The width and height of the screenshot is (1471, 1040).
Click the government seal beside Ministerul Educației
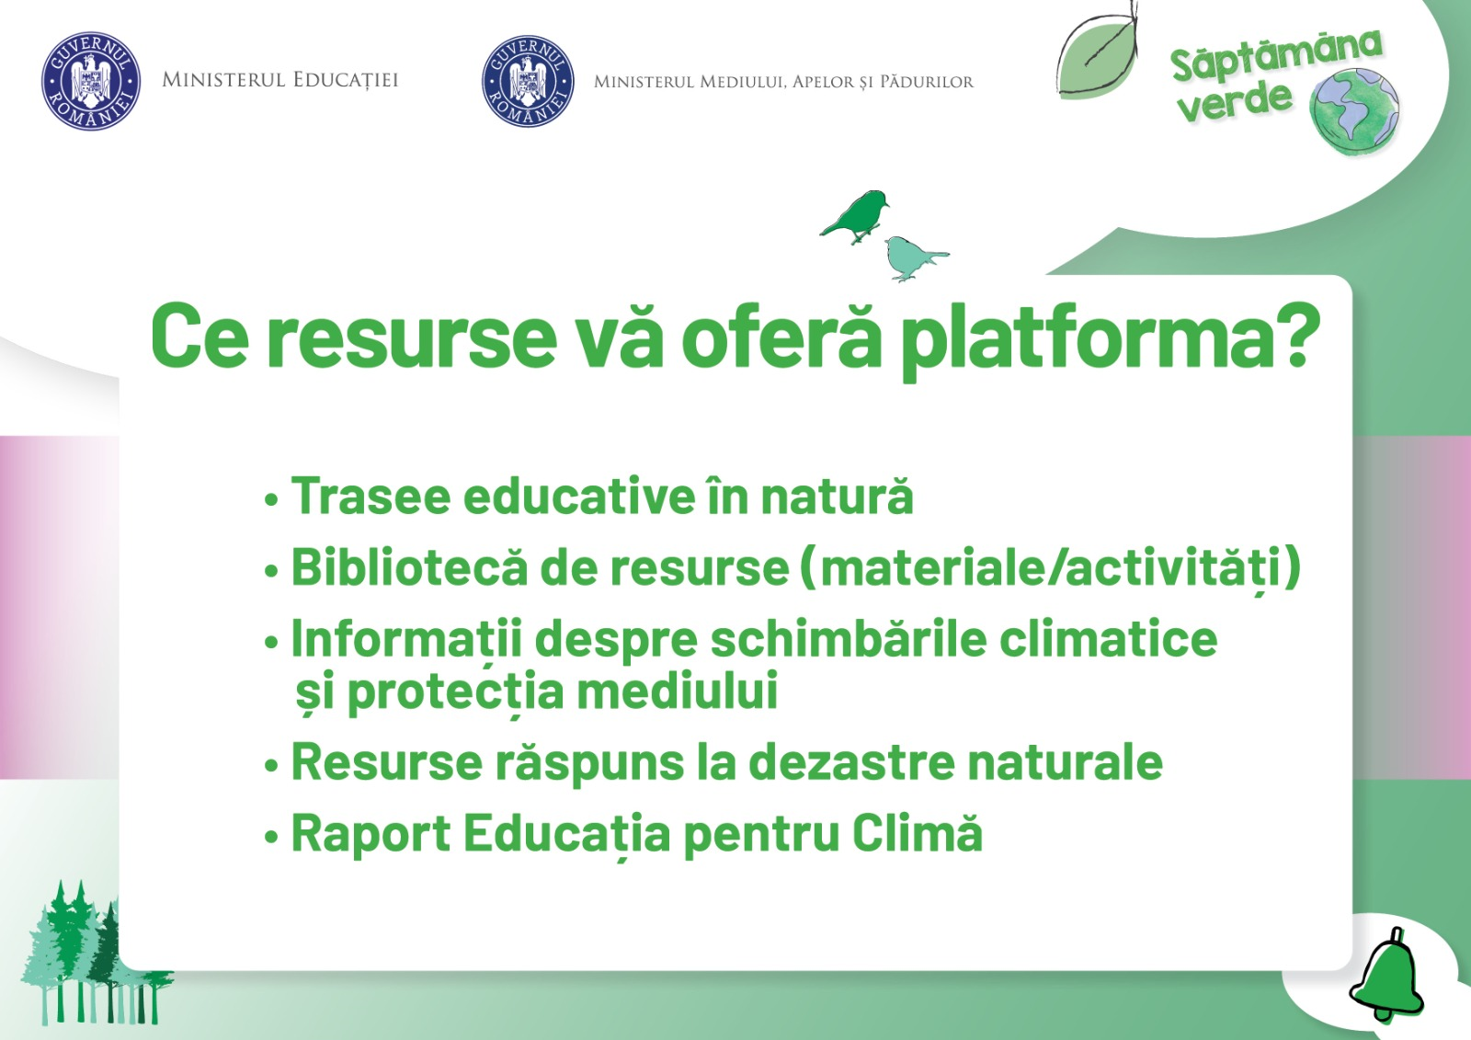point(90,81)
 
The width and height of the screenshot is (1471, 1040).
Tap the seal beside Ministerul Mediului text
point(528,81)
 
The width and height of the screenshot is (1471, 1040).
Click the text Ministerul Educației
point(279,80)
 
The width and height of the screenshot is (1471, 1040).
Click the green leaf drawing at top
point(1098,55)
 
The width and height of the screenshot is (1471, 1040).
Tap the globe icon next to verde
point(1354,114)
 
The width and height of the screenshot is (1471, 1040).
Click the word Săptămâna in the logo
point(1274,55)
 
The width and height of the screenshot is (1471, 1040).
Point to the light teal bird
point(911,257)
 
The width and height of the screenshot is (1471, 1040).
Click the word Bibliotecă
point(409,567)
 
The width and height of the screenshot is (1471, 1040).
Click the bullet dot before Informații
point(271,642)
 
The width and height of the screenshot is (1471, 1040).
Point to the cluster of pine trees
point(87,956)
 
